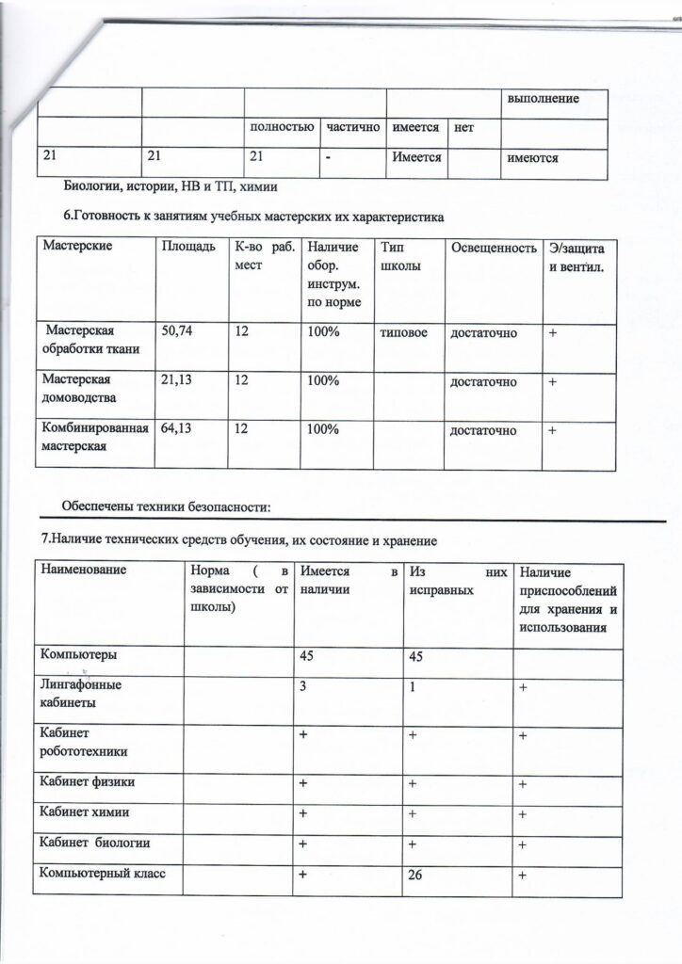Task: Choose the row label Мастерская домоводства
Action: point(75,389)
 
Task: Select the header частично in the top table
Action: point(349,126)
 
